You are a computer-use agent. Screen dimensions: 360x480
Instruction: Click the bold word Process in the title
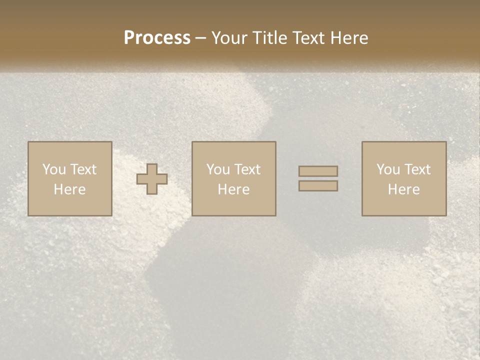pyautogui.click(x=157, y=38)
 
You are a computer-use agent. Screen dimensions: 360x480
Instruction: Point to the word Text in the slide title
pyautogui.click(x=311, y=38)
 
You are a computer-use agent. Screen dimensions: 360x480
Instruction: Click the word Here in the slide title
pyautogui.click(x=350, y=38)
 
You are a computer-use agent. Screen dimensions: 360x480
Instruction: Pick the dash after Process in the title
pyautogui.click(x=201, y=39)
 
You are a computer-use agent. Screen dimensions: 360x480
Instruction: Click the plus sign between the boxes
pyautogui.click(x=152, y=179)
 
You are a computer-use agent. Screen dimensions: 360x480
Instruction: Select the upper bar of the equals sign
pyautogui.click(x=318, y=171)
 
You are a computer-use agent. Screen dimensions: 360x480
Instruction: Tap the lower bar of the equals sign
pyautogui.click(x=318, y=186)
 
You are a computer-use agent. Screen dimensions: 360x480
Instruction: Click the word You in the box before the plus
pyautogui.click(x=54, y=169)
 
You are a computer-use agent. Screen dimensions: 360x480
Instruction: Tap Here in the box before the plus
pyautogui.click(x=69, y=189)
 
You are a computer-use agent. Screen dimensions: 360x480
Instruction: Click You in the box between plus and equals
pyautogui.click(x=218, y=169)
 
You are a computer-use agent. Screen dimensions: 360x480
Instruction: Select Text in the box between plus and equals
pyautogui.click(x=246, y=169)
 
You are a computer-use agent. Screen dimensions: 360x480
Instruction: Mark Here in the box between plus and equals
pyautogui.click(x=233, y=189)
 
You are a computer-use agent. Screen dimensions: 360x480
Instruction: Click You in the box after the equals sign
pyautogui.click(x=388, y=169)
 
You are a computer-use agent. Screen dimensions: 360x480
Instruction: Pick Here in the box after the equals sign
pyautogui.click(x=403, y=189)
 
